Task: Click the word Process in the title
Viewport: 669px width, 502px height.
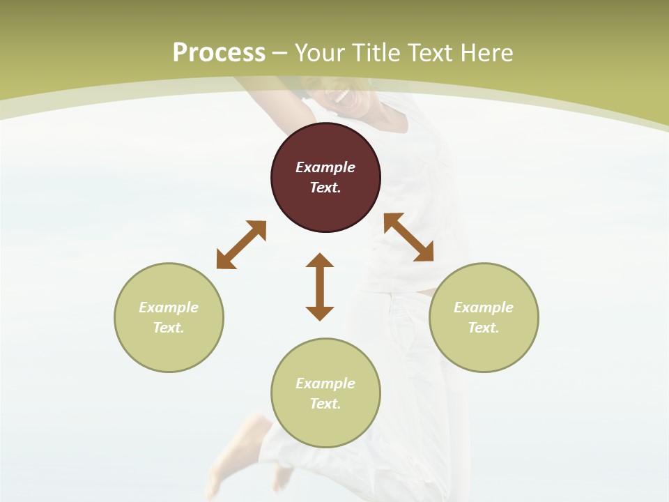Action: tap(219, 53)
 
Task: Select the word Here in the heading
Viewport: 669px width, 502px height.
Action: tap(486, 53)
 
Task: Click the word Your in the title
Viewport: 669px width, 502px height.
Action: tap(320, 53)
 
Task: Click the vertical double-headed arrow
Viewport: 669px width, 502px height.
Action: tap(320, 287)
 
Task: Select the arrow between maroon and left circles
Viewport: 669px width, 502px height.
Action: tap(241, 245)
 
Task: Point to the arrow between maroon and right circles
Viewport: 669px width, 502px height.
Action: tap(408, 237)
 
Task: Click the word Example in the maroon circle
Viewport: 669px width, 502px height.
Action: tap(325, 167)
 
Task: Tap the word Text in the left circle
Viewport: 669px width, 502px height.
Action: tap(169, 328)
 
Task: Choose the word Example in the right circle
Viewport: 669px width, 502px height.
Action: tap(484, 307)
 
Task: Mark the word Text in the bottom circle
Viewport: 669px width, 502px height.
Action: tap(325, 404)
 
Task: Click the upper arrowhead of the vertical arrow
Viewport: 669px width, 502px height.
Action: tap(320, 261)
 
